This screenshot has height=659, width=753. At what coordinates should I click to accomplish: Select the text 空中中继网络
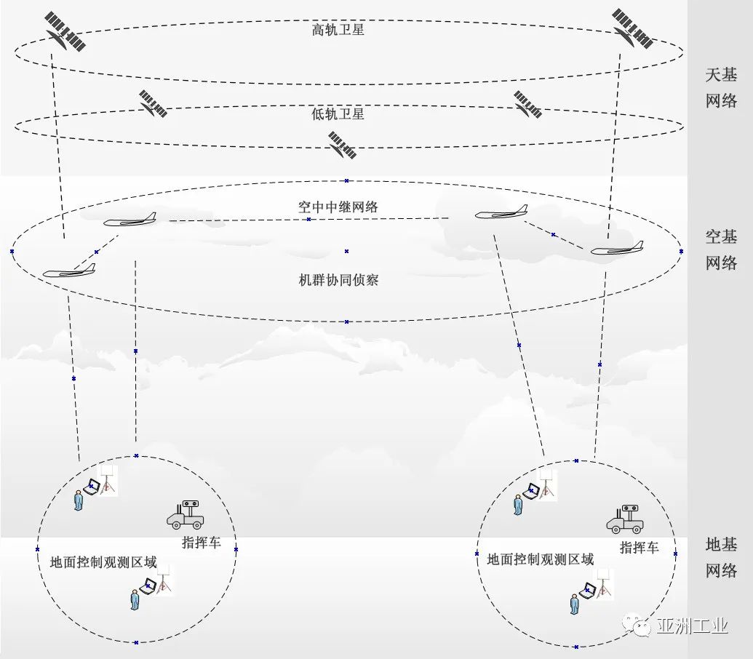338,207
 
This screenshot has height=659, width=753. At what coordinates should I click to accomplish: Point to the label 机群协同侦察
339,280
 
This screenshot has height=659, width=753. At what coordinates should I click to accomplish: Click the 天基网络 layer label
721,87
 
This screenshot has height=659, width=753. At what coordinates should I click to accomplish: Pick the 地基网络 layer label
721,557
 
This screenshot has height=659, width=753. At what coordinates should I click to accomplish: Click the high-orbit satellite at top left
65,31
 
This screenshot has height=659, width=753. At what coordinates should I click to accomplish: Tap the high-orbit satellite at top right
632,29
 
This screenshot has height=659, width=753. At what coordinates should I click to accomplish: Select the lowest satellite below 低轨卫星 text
342,145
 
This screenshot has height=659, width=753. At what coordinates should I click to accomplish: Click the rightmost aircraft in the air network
617,249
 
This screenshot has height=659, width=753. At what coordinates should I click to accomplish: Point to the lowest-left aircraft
69,271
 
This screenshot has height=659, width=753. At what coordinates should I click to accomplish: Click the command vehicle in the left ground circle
186,514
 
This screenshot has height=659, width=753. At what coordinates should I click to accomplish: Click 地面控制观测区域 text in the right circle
540,559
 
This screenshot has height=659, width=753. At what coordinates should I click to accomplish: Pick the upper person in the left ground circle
78,500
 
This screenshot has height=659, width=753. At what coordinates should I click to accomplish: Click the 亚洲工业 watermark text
691,626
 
